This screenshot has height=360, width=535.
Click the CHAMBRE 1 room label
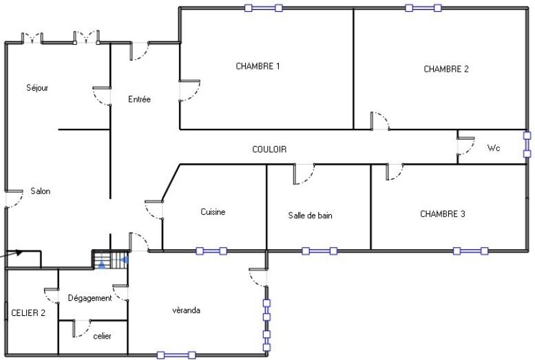[x=258, y=66]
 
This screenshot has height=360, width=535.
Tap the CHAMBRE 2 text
[x=446, y=69]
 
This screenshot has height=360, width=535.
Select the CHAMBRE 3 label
[x=443, y=214]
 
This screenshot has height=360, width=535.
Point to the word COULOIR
[x=269, y=149]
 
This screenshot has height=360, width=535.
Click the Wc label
[x=494, y=148]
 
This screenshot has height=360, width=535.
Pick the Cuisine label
[x=213, y=212]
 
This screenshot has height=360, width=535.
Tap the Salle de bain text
[x=310, y=215]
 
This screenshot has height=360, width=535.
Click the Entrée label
[x=139, y=99]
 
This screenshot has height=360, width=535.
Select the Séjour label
[x=37, y=88]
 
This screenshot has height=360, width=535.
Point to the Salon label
[x=40, y=191]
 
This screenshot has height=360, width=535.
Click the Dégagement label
[x=90, y=298]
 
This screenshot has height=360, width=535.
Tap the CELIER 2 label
[x=28, y=313]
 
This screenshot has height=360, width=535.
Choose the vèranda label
[x=187, y=310]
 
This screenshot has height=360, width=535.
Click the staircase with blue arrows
[x=111, y=260]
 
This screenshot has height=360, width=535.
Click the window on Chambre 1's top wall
[x=264, y=8]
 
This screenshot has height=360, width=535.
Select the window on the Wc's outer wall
[x=527, y=145]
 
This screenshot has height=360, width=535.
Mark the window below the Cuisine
[x=211, y=251]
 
